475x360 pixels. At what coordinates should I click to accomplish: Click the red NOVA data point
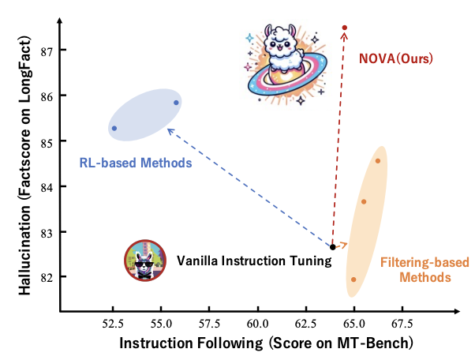tap(345, 28)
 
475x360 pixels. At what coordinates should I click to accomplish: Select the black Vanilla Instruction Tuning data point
tap(333, 247)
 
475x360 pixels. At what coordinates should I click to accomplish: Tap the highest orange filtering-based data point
tap(378, 161)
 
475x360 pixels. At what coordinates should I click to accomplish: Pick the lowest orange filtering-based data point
tap(353, 279)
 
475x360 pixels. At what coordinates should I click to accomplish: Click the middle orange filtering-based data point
tap(364, 202)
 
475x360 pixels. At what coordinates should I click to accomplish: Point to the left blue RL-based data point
tap(114, 128)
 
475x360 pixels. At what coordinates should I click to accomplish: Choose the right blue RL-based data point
tap(176, 103)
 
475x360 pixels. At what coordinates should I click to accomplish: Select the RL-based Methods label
tap(136, 163)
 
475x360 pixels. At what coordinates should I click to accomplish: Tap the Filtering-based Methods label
tap(414, 270)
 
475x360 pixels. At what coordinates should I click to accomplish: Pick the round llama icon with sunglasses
tap(144, 261)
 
